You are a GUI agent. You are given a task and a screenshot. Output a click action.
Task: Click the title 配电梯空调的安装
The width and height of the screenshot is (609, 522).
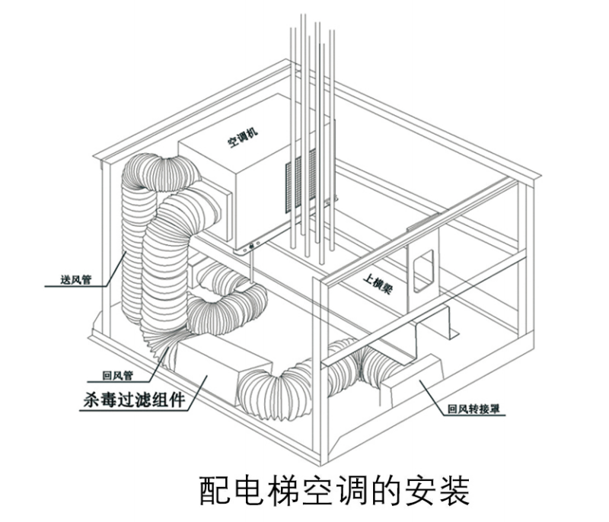click(333, 492)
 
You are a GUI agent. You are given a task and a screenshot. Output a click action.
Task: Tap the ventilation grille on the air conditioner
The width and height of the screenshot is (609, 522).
click(300, 179)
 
